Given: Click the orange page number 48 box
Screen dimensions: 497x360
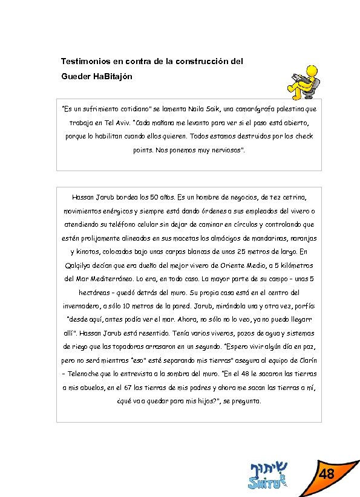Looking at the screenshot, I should (x=327, y=473).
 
